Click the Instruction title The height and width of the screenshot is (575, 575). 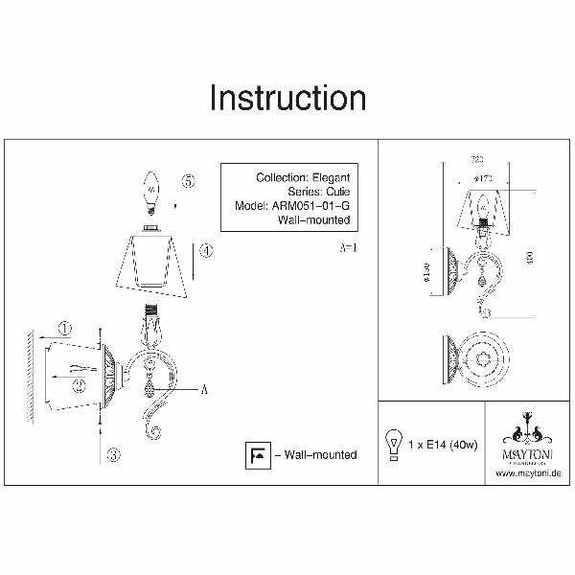[x=287, y=100]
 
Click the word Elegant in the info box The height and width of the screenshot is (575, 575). [x=333, y=178]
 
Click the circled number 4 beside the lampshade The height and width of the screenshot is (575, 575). [x=206, y=251]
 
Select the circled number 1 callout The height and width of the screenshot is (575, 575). [x=64, y=329]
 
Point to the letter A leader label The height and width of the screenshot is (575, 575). [x=204, y=389]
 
